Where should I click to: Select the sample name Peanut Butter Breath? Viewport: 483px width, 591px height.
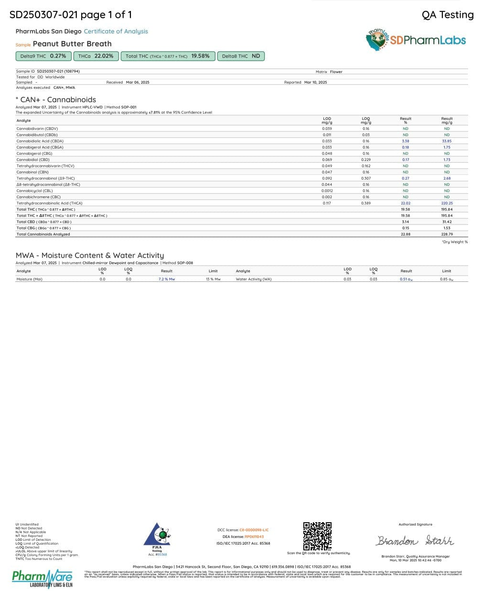72,44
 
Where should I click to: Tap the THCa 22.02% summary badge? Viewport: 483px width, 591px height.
96,56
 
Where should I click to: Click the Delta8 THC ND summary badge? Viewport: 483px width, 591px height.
241,56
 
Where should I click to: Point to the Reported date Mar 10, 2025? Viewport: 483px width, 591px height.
315,82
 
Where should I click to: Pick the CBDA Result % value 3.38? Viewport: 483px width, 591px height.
405,141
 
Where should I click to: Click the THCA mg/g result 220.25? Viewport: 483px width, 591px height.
447,203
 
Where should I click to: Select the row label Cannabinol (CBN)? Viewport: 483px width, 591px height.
32,172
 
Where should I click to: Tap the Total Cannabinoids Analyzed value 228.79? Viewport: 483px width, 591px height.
447,234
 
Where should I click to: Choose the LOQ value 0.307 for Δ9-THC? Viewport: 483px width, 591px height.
365,178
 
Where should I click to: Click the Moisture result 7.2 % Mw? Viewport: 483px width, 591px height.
167,279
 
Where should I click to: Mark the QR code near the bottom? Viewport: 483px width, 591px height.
317,536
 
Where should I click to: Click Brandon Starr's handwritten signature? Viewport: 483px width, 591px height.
415,540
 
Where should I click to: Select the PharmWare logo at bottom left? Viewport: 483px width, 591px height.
42,578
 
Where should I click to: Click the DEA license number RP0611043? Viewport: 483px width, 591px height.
254,537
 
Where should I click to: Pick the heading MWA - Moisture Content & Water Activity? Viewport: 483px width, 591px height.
90,256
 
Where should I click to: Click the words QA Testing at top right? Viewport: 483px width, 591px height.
447,15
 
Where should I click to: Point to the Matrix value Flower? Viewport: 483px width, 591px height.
336,72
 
